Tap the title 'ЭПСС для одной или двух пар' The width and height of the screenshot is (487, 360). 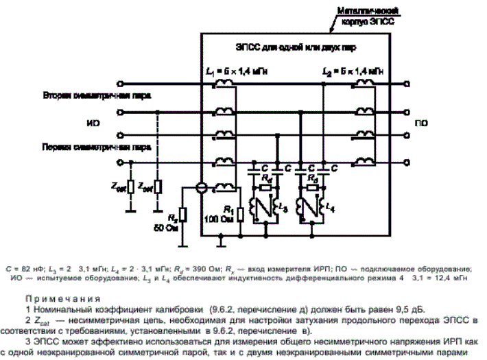296,47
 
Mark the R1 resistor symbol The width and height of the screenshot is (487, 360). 241,215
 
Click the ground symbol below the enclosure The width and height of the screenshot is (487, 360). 220,241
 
